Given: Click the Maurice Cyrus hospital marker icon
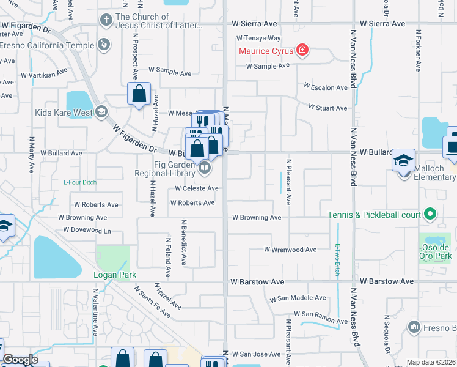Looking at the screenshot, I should pos(302,50).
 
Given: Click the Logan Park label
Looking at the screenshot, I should pos(114,275).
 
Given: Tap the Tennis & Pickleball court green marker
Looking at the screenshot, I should pos(431,214).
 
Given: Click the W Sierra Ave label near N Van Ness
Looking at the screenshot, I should pos(382,24).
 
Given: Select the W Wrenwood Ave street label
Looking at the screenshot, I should pos(290,250).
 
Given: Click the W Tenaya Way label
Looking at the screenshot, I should pos(258,38).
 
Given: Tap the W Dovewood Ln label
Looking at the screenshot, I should pos(87,231).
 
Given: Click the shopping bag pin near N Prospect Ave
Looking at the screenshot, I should pos(139,94).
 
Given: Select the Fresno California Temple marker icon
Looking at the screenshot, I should pos(104,44).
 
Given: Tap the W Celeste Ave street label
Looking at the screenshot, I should pos(196,188).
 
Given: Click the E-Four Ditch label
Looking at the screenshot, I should pos(80,182).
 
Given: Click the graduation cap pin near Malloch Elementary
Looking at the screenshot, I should pos(403,160).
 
